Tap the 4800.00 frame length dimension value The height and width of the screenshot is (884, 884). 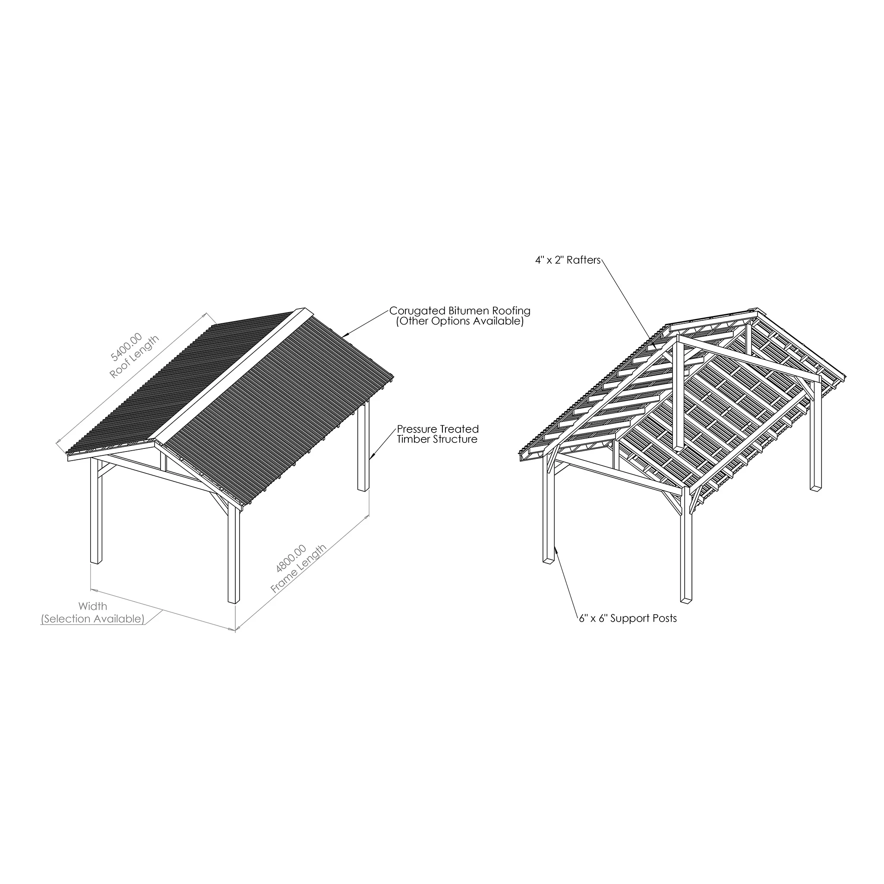(291, 559)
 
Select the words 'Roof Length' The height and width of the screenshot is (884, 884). (135, 357)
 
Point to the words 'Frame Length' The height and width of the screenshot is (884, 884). (299, 569)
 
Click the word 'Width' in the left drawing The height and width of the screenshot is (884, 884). (93, 606)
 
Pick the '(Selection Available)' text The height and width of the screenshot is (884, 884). (93, 619)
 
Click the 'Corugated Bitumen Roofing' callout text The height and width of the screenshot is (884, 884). (460, 311)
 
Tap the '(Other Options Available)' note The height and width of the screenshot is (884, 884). (460, 321)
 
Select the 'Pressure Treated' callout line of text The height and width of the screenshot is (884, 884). (438, 429)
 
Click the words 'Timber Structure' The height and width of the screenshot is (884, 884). (437, 440)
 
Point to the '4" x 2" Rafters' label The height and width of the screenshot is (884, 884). (568, 260)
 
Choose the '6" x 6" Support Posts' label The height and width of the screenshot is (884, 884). (628, 619)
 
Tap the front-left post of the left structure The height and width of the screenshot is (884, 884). (96, 510)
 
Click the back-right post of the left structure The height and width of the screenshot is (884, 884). (363, 446)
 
